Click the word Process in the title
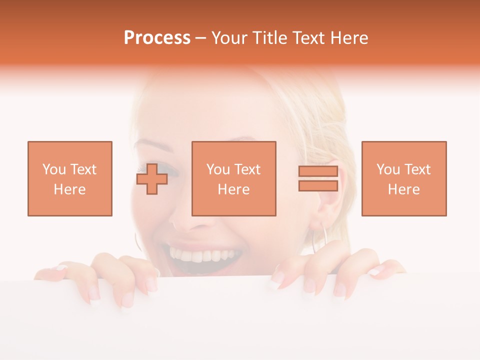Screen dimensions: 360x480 tap(157, 38)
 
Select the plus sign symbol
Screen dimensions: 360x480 tap(152, 179)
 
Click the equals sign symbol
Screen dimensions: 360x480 tap(318, 178)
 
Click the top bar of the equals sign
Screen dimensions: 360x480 tap(318, 171)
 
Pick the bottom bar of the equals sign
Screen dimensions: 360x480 tap(318, 185)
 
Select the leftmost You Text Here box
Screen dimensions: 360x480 tap(70, 178)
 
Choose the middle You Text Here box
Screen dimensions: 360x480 tap(233, 178)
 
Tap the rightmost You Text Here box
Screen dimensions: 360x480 tap(403, 178)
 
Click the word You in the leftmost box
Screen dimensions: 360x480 tap(53, 169)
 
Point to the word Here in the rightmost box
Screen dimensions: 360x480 tap(403, 189)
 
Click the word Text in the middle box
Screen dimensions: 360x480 tap(247, 169)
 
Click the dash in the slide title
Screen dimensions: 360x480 tap(201, 38)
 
